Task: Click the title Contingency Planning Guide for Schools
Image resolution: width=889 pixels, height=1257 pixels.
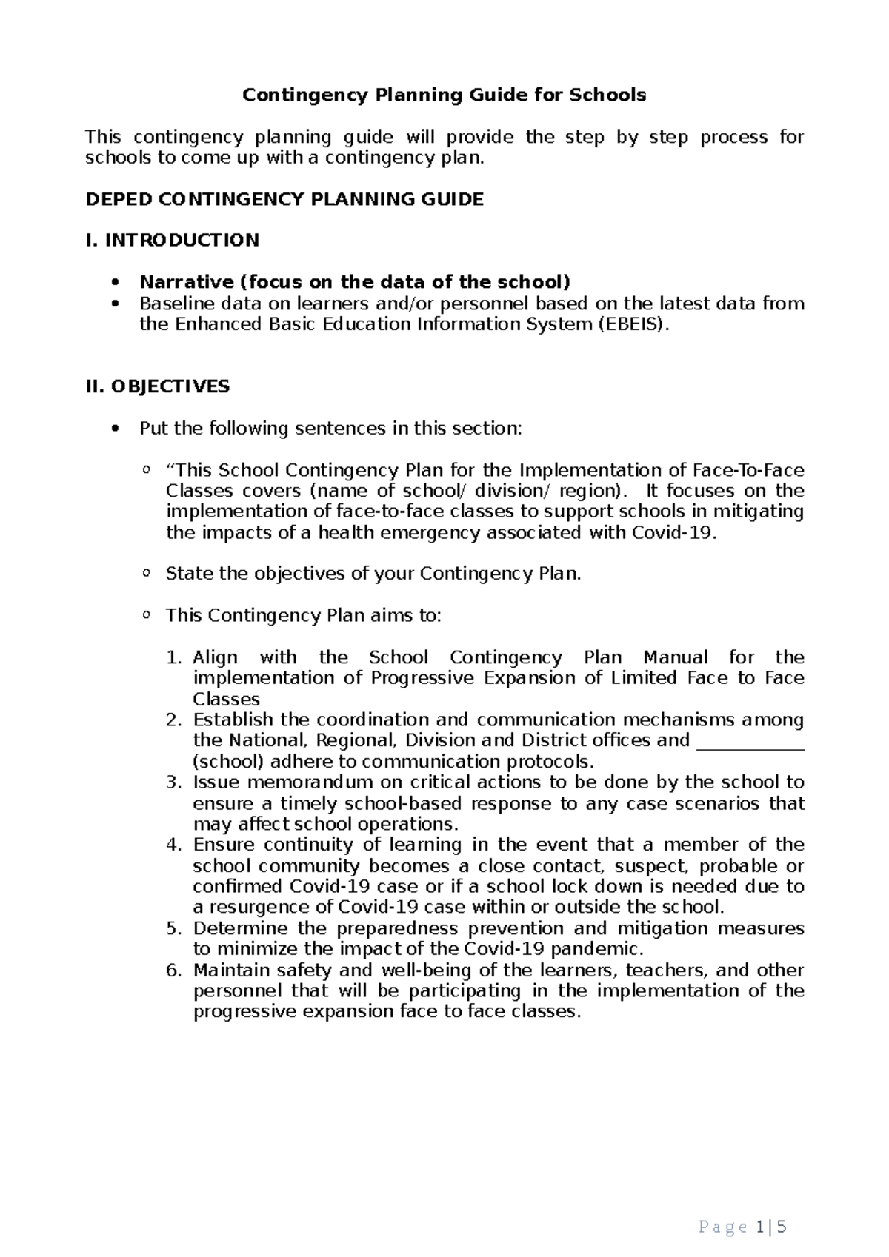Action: (x=444, y=95)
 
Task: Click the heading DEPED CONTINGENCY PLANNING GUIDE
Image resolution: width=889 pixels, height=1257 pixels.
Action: (x=284, y=199)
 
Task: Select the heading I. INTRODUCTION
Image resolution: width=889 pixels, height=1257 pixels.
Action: (x=173, y=240)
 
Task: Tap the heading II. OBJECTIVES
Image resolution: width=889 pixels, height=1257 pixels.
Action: (x=158, y=386)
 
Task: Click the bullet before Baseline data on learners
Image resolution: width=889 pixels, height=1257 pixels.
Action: (x=113, y=304)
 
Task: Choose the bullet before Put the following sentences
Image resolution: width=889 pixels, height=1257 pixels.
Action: (x=113, y=429)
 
